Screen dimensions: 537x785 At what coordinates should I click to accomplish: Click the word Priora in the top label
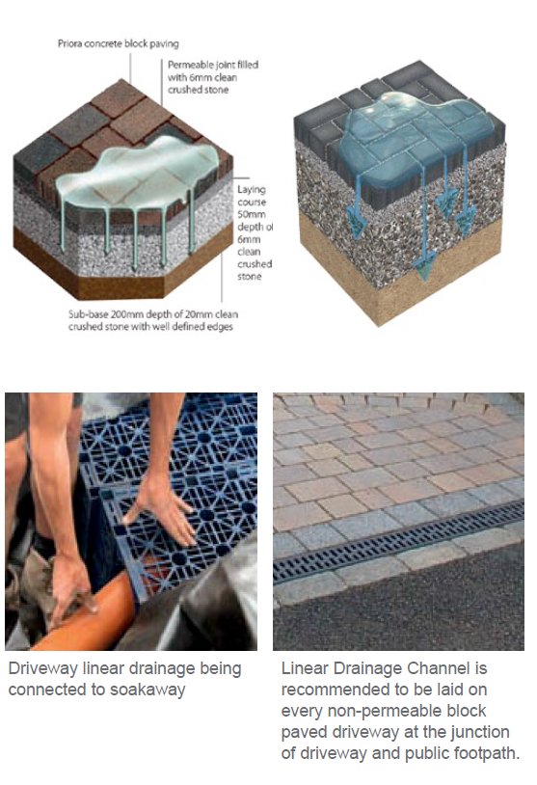click(x=69, y=43)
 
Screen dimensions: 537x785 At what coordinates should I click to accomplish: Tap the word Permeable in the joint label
click(x=189, y=65)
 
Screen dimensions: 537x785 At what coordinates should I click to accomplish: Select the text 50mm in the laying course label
click(x=252, y=214)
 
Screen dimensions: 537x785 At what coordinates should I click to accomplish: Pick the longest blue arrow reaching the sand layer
click(x=424, y=219)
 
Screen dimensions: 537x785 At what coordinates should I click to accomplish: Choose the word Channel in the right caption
click(x=439, y=668)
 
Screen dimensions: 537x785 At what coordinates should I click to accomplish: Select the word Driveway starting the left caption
click(x=43, y=669)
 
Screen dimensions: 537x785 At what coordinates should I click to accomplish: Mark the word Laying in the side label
click(x=252, y=190)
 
